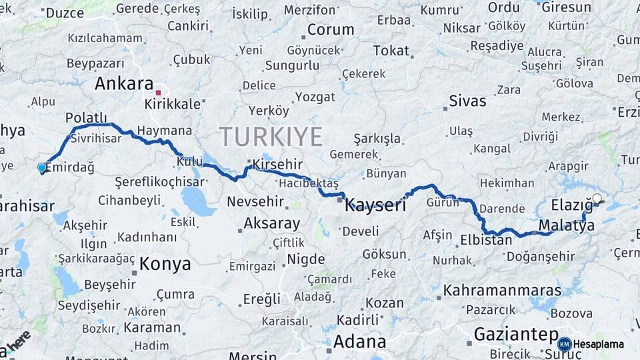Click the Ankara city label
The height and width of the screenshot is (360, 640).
124,83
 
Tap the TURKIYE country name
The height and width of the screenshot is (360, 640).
271,136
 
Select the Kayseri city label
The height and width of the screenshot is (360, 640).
375,205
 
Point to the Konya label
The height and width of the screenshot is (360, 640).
166,264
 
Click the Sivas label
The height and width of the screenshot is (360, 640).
467,101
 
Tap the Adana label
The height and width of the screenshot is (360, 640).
359,342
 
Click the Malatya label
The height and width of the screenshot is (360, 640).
566,225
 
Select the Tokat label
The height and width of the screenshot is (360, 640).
391,51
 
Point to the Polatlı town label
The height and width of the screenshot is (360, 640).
86,117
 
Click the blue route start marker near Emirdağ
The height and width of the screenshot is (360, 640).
42,167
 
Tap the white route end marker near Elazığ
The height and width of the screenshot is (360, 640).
597,198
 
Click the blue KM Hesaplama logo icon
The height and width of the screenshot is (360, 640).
565,344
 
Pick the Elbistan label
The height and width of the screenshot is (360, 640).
486,239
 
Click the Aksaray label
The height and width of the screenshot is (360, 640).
271,223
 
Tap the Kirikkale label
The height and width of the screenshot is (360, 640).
173,104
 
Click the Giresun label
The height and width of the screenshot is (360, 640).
566,7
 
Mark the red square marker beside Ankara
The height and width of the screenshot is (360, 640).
158,93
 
